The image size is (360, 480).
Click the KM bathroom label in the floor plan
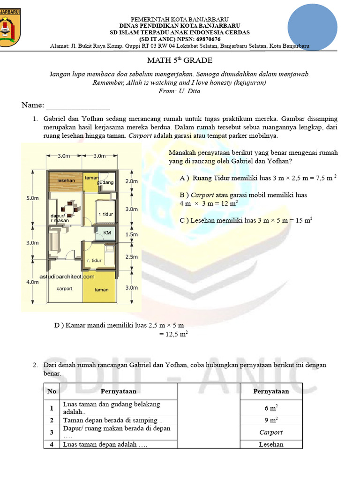[x=106, y=232]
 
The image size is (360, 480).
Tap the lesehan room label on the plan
[x=66, y=180]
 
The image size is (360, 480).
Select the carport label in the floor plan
[x=64, y=289]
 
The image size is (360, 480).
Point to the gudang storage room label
[x=105, y=182]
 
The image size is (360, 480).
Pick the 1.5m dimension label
[x=132, y=234]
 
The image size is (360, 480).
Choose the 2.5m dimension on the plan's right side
[x=132, y=257]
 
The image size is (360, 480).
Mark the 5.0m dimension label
[x=33, y=198]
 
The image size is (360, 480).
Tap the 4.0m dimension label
[x=32, y=282]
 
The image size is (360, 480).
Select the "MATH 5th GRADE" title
[x=180, y=60]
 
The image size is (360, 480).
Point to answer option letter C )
[x=184, y=220]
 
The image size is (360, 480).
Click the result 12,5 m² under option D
[x=174, y=334]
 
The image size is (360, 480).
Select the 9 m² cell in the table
[x=271, y=420]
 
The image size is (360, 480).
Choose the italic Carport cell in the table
[x=271, y=433]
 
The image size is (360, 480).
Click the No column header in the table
[x=51, y=391]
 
